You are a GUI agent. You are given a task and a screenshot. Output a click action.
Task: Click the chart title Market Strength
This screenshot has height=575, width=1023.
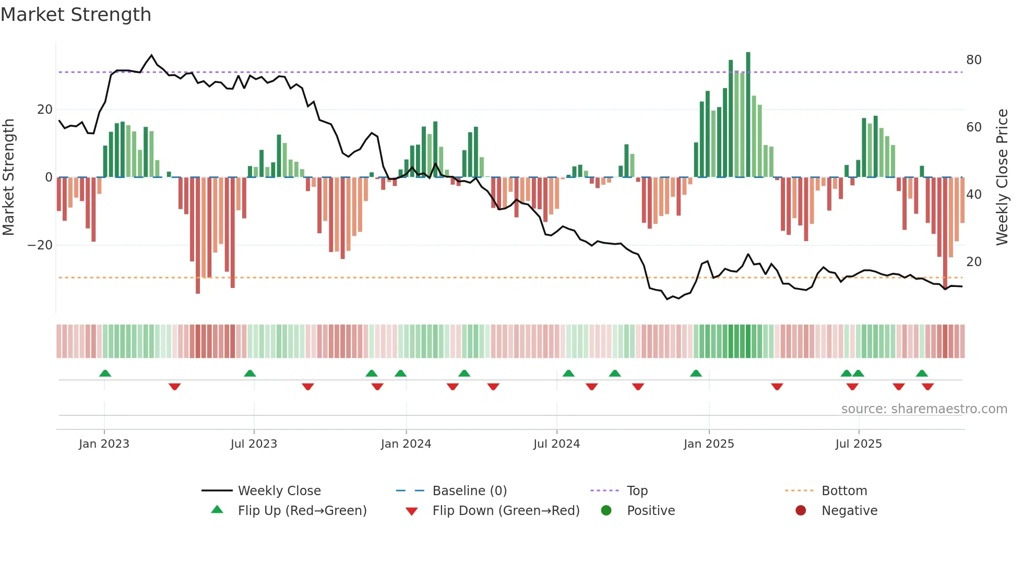[76, 15]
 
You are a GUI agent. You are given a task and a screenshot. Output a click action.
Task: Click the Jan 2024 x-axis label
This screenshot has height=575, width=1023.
[406, 444]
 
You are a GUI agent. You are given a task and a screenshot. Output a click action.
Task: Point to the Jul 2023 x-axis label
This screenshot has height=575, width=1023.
[254, 444]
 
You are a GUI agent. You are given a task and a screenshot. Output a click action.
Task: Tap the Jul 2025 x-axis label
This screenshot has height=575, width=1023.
[858, 444]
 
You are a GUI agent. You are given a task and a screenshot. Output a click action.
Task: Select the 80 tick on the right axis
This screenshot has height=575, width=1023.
[973, 60]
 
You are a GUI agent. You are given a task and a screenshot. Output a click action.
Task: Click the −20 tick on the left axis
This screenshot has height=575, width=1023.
[40, 245]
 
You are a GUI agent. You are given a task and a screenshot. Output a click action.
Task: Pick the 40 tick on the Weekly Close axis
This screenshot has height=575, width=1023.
[973, 195]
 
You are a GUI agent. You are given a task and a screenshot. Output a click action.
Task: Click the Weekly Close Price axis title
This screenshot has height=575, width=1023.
[1002, 177]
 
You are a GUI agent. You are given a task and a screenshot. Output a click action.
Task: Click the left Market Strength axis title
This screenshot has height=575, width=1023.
[8, 177]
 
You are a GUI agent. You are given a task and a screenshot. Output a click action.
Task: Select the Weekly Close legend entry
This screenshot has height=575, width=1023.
[279, 491]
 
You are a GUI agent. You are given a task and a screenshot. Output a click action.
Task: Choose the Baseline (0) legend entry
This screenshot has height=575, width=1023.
[469, 491]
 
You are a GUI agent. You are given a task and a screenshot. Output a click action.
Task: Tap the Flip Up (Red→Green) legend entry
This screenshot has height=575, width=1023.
[302, 511]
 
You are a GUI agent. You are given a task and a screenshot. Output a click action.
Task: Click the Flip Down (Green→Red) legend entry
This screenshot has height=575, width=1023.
[505, 511]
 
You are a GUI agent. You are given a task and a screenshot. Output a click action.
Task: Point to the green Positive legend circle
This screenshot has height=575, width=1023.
[606, 511]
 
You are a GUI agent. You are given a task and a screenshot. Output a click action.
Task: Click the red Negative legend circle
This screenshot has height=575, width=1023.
[801, 511]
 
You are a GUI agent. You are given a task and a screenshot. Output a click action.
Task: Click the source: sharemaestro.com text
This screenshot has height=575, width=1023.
[924, 409]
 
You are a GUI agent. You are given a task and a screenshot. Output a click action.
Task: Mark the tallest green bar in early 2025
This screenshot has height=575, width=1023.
[748, 115]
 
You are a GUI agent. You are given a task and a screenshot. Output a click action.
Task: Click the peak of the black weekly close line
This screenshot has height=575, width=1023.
[152, 55]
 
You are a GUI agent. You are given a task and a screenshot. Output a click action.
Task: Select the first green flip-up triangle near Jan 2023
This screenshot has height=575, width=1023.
[105, 374]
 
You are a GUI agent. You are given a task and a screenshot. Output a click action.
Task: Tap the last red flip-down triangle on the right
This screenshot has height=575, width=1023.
[927, 387]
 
